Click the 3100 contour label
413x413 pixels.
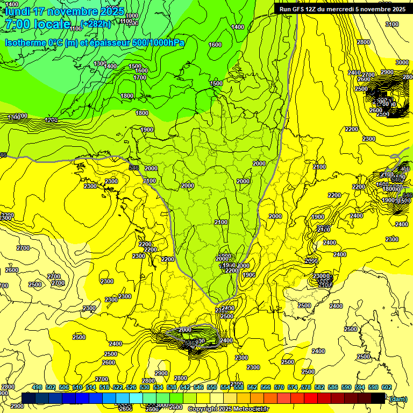click(392, 24)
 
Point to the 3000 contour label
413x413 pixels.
click(402, 62)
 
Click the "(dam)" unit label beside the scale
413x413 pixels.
click(398, 398)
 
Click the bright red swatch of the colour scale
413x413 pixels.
click(311, 397)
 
